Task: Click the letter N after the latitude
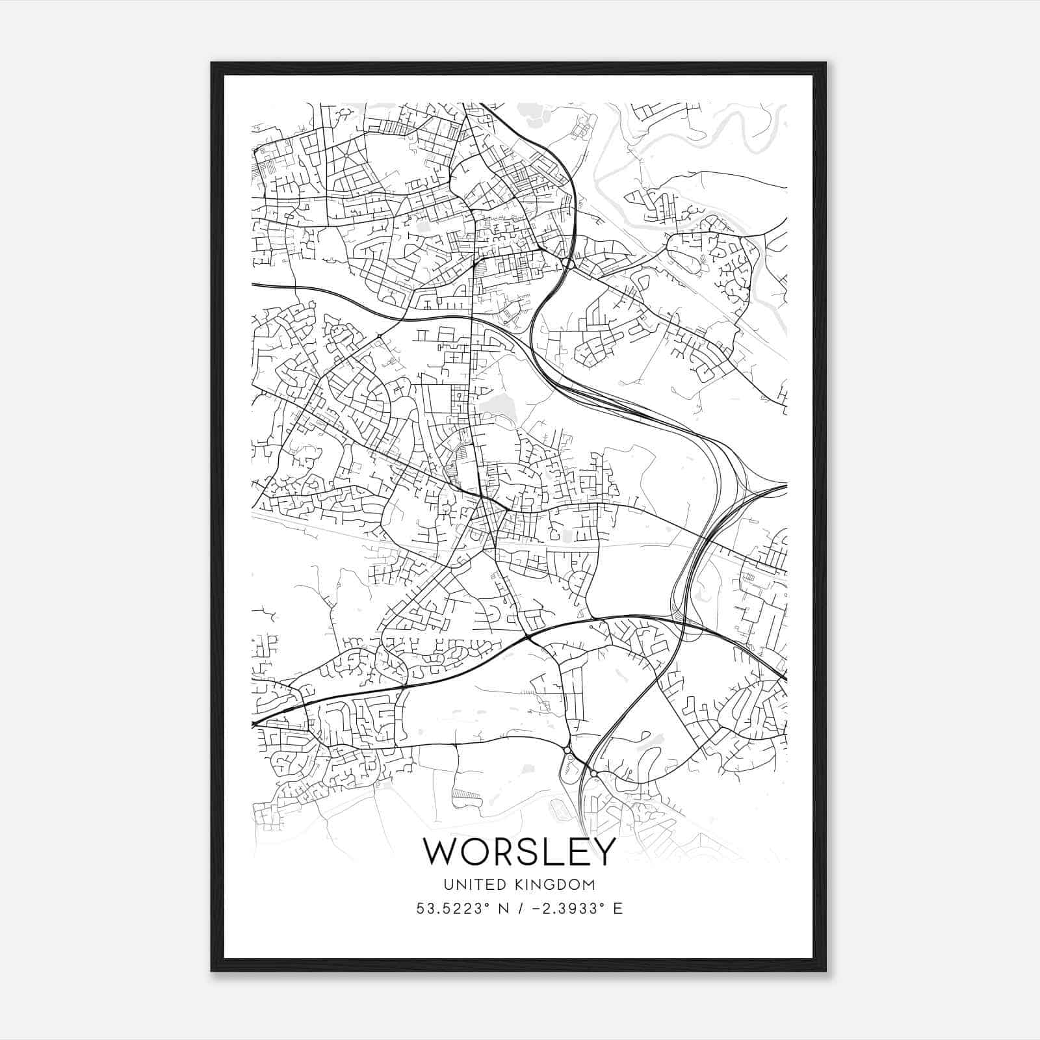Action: point(502,909)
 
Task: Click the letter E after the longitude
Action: point(617,909)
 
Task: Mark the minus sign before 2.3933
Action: point(537,909)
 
